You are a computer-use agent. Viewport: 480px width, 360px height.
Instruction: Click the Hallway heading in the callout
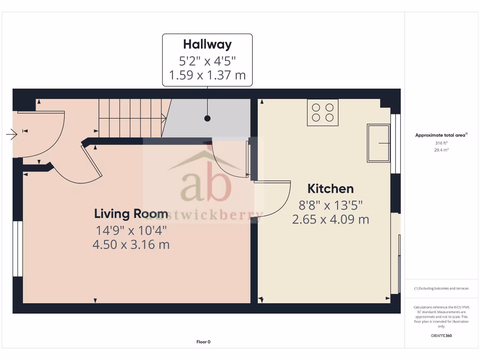[207, 45]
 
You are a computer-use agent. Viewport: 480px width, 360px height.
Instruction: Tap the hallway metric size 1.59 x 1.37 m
[207, 75]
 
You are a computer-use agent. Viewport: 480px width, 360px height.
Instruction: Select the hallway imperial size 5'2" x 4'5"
[207, 60]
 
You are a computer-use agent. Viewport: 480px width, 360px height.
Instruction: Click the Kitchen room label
[330, 189]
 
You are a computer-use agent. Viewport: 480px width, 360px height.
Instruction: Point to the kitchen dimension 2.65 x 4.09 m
[330, 219]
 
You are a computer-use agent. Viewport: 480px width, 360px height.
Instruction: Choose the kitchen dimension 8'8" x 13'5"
[330, 204]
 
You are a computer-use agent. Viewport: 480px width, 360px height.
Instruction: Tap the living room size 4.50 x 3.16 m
[131, 244]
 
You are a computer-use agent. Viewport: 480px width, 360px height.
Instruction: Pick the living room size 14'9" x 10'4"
[131, 230]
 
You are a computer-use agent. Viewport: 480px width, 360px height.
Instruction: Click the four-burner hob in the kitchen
[323, 112]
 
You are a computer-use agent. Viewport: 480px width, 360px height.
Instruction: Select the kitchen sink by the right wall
[379, 142]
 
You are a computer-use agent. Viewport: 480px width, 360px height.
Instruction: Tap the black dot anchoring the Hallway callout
[207, 119]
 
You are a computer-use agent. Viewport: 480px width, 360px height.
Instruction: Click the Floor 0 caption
[203, 342]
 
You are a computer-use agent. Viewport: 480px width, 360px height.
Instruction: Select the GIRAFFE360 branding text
[441, 336]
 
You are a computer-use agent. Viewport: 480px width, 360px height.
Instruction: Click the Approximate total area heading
[441, 135]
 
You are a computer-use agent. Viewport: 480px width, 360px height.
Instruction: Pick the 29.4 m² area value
[441, 150]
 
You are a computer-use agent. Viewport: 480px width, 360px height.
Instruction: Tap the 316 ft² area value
[441, 143]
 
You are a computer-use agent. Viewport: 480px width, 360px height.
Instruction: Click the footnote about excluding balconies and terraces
[441, 288]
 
